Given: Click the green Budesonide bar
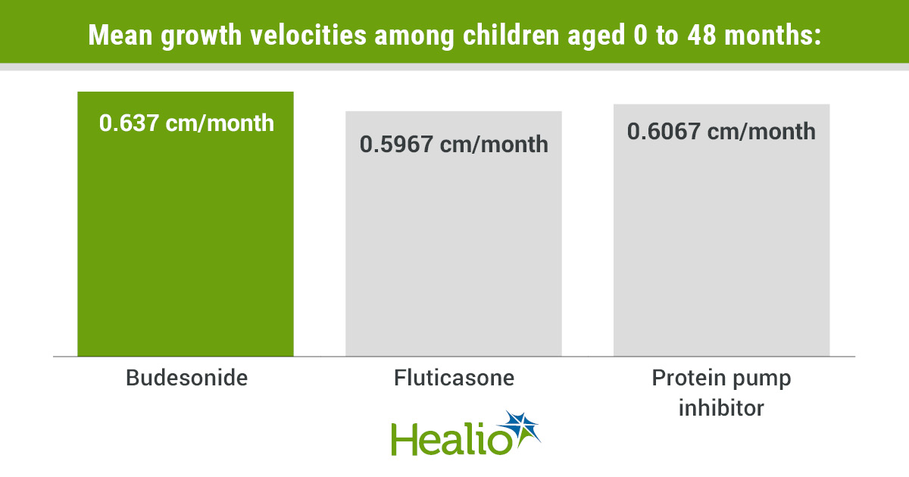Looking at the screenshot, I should point(186,242).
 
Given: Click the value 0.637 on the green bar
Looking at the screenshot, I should point(131,123).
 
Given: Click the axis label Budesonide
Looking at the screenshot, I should point(186,377).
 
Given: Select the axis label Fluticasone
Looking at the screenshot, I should point(454,377).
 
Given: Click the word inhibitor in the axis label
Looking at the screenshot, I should point(721,407).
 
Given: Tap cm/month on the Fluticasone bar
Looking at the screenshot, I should point(494,144).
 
